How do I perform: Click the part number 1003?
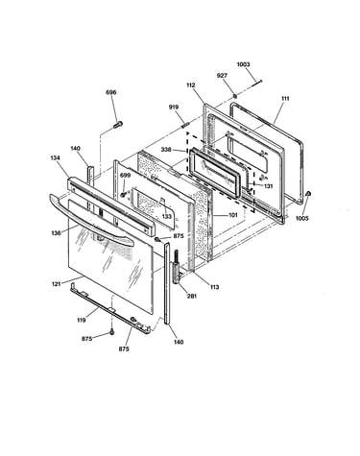click(x=243, y=64)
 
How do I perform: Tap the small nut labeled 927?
click(x=235, y=96)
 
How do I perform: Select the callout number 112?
click(x=191, y=85)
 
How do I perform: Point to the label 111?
click(x=285, y=99)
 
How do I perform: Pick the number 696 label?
click(x=111, y=92)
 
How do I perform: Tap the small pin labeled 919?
click(x=186, y=124)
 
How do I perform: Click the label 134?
click(x=56, y=157)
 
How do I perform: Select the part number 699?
click(x=126, y=175)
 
